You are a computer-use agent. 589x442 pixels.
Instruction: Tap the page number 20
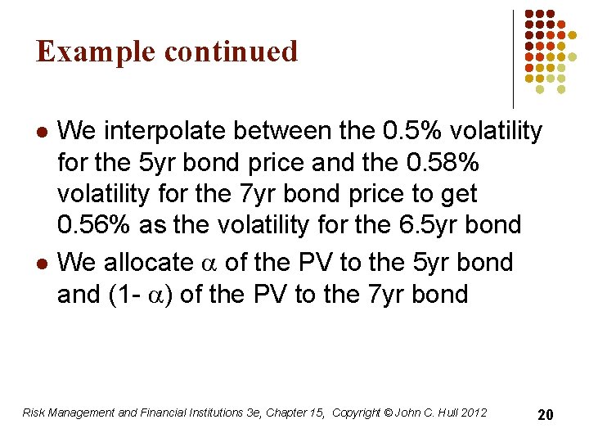545,415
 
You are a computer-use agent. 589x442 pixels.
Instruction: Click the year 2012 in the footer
473,413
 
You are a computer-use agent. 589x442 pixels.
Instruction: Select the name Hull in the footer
443,413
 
